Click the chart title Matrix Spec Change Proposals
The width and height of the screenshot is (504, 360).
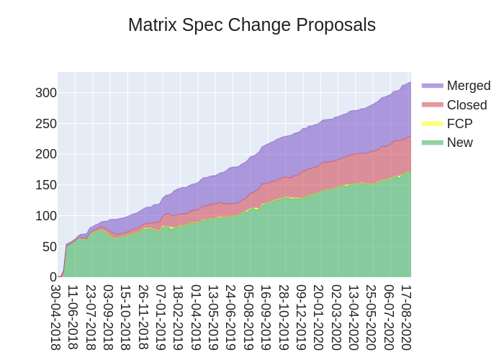(x=252, y=25)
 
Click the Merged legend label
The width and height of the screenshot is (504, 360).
(x=468, y=86)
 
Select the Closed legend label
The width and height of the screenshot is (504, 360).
(x=467, y=105)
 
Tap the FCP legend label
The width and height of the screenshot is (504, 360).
(x=459, y=124)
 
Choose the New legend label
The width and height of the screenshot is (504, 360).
(x=459, y=143)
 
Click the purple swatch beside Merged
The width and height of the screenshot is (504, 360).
(x=433, y=86)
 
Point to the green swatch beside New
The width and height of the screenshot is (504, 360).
(x=433, y=143)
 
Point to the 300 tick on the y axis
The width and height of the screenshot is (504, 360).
(x=46, y=92)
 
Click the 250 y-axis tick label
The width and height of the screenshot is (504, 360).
(x=46, y=123)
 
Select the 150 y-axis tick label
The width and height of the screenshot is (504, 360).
(x=46, y=185)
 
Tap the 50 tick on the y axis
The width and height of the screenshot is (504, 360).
(x=49, y=246)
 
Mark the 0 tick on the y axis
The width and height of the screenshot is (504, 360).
(x=53, y=277)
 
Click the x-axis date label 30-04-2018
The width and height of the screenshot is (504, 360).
(x=56, y=317)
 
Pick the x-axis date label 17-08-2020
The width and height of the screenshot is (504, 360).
(x=407, y=317)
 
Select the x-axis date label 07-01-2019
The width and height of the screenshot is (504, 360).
(x=161, y=317)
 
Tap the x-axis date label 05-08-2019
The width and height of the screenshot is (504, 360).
(x=249, y=317)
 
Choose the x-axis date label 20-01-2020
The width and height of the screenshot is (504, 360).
(x=319, y=317)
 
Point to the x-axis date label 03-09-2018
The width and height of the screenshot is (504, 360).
(x=109, y=317)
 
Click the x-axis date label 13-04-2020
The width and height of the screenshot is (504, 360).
(x=354, y=317)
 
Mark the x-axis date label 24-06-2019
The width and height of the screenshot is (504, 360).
(x=231, y=317)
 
